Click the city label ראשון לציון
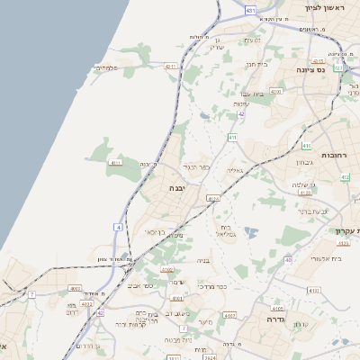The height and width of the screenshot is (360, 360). pyautogui.click(x=325, y=7)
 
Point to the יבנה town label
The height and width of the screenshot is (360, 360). pyautogui.click(x=176, y=188)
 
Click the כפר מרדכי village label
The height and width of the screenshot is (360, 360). pyautogui.click(x=210, y=287)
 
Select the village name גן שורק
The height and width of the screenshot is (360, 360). pyautogui.click(x=220, y=44)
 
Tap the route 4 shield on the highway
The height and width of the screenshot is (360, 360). pyautogui.click(x=117, y=227)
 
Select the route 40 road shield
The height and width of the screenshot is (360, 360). pyautogui.click(x=288, y=259)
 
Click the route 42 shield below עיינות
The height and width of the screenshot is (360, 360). pyautogui.click(x=240, y=114)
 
